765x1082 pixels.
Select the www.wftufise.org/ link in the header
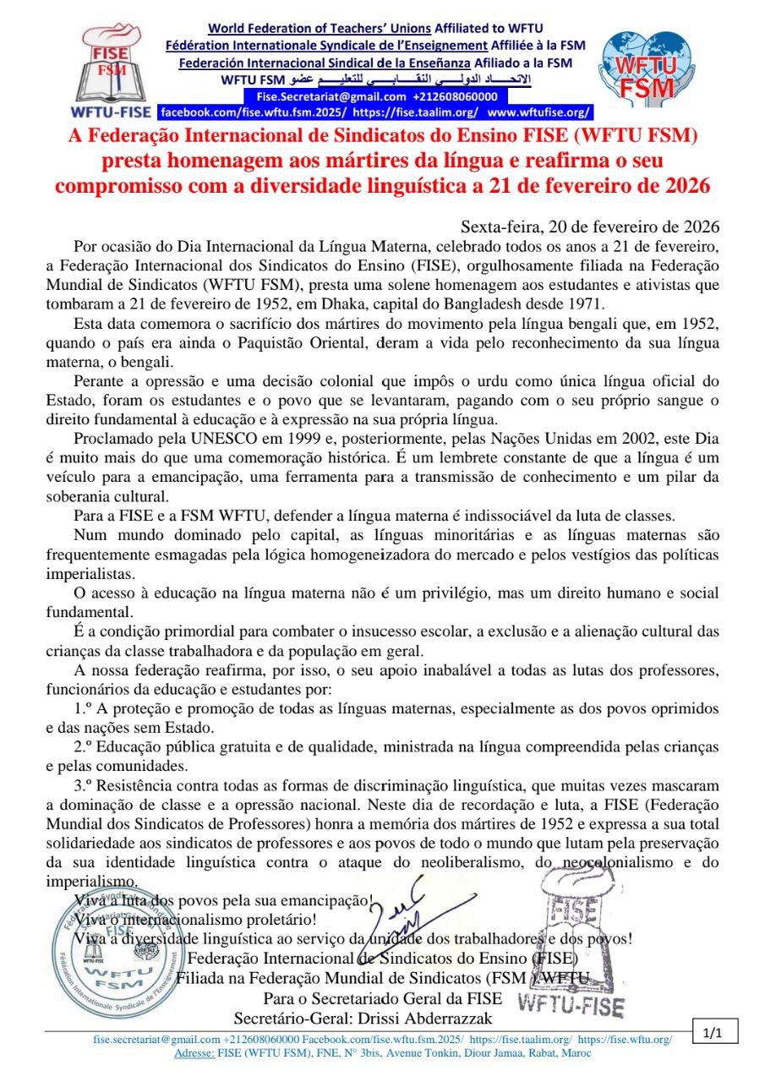[x=538, y=112]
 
